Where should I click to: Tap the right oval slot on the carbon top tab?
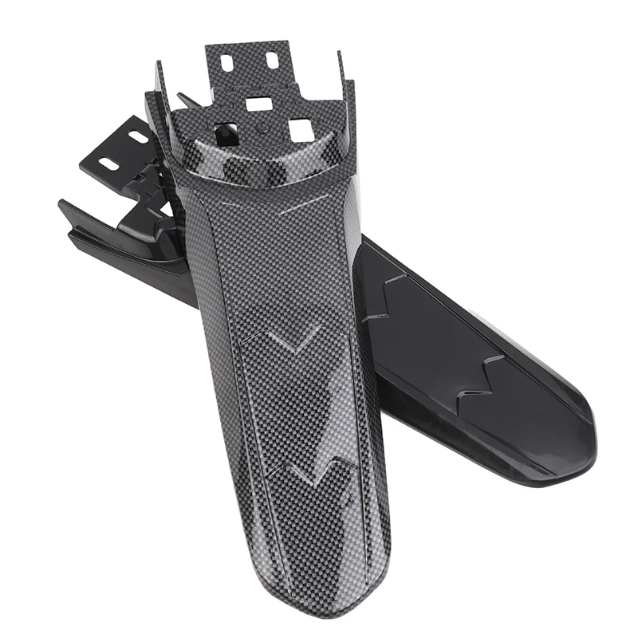point(272,59)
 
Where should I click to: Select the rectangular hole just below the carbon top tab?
point(258,103)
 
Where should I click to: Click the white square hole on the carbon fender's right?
point(299,129)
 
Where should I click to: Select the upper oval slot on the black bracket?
point(138,136)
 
